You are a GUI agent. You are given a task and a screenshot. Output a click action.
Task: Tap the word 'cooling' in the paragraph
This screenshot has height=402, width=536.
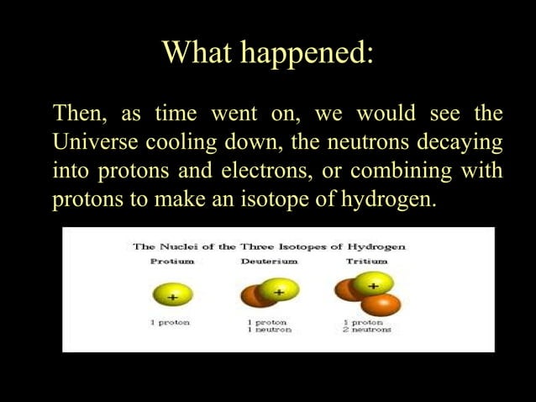point(187,142)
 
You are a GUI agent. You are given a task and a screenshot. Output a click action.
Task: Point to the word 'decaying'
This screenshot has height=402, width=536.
point(460,142)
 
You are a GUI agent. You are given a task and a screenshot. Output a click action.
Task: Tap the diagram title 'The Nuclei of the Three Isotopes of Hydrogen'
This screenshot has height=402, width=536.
point(269,246)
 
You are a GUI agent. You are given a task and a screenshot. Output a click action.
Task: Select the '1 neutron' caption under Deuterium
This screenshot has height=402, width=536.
point(270,331)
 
